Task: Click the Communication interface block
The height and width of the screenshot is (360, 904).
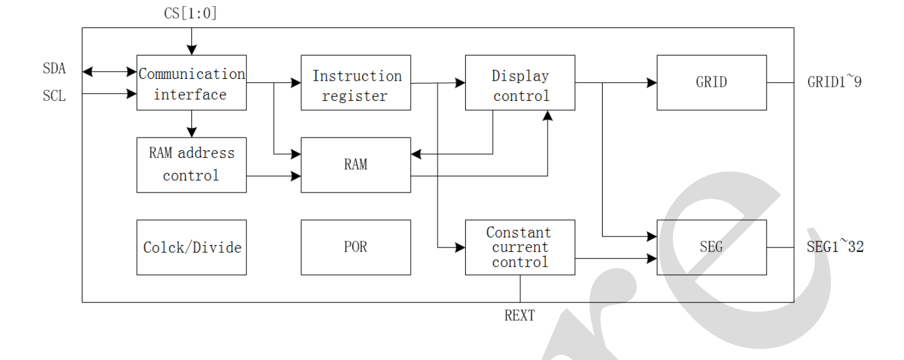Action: [191, 83]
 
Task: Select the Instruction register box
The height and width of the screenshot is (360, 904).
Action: [356, 83]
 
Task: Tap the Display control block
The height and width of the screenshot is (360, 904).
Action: [520, 83]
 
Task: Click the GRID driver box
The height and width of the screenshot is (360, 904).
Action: [711, 83]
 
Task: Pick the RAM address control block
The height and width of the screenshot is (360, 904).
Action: [191, 164]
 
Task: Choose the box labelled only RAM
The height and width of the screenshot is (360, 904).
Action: [356, 164]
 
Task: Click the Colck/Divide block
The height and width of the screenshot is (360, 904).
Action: [191, 247]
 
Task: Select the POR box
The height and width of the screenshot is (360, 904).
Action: [356, 247]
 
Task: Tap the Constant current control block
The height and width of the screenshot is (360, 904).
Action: [520, 247]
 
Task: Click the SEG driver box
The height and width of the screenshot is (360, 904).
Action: [711, 247]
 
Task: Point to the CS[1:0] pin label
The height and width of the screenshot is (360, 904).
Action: [190, 13]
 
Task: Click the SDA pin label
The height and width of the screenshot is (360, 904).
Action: [54, 69]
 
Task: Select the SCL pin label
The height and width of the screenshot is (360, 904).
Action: [54, 96]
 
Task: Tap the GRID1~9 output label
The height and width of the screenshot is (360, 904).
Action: [834, 83]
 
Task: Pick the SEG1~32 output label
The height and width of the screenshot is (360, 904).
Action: [836, 247]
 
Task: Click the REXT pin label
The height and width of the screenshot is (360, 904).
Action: [520, 315]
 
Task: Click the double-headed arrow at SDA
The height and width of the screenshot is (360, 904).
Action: [109, 72]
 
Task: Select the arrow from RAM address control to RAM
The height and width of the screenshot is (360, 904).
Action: [274, 175]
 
